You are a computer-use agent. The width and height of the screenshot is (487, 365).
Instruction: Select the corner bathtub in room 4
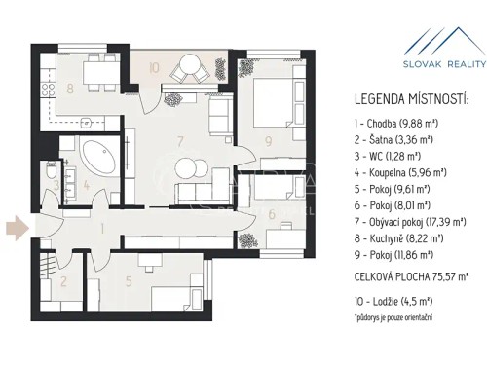click(97, 157)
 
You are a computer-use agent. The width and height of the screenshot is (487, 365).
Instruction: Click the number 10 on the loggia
click(155, 68)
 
